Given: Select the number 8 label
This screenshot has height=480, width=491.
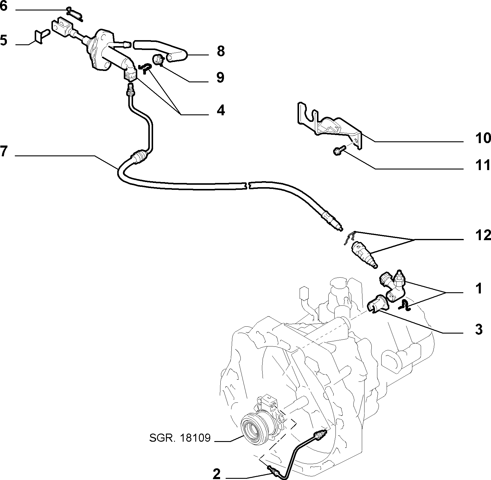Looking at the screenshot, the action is coord(221,51).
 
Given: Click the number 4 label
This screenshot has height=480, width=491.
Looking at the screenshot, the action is coord(220,110).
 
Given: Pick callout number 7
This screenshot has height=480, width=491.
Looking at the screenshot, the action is coord(3,152).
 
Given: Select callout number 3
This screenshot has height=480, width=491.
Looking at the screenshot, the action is coord(479,329).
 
